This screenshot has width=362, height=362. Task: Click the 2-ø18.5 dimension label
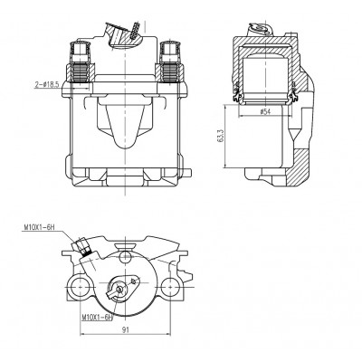pyautogui.click(x=47, y=85)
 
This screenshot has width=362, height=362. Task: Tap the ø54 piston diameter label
pyautogui.click(x=264, y=112)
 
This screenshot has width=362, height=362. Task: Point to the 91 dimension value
pyautogui.click(x=126, y=329)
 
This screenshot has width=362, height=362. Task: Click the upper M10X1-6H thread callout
pyautogui.click(x=39, y=227)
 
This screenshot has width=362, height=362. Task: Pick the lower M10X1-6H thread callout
pyautogui.click(x=97, y=318)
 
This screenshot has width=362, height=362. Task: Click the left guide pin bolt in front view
pyautogui.click(x=81, y=62)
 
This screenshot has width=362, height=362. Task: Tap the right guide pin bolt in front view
pyautogui.click(x=170, y=62)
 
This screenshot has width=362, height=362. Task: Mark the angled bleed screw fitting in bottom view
pyautogui.click(x=83, y=246)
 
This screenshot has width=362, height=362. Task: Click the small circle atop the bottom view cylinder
pyautogui.click(x=125, y=257)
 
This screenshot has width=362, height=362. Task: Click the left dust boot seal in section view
pyautogui.click(x=237, y=94)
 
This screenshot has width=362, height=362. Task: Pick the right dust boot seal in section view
pyautogui.click(x=292, y=94)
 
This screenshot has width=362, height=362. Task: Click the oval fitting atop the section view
pyautogui.click(x=261, y=28)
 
